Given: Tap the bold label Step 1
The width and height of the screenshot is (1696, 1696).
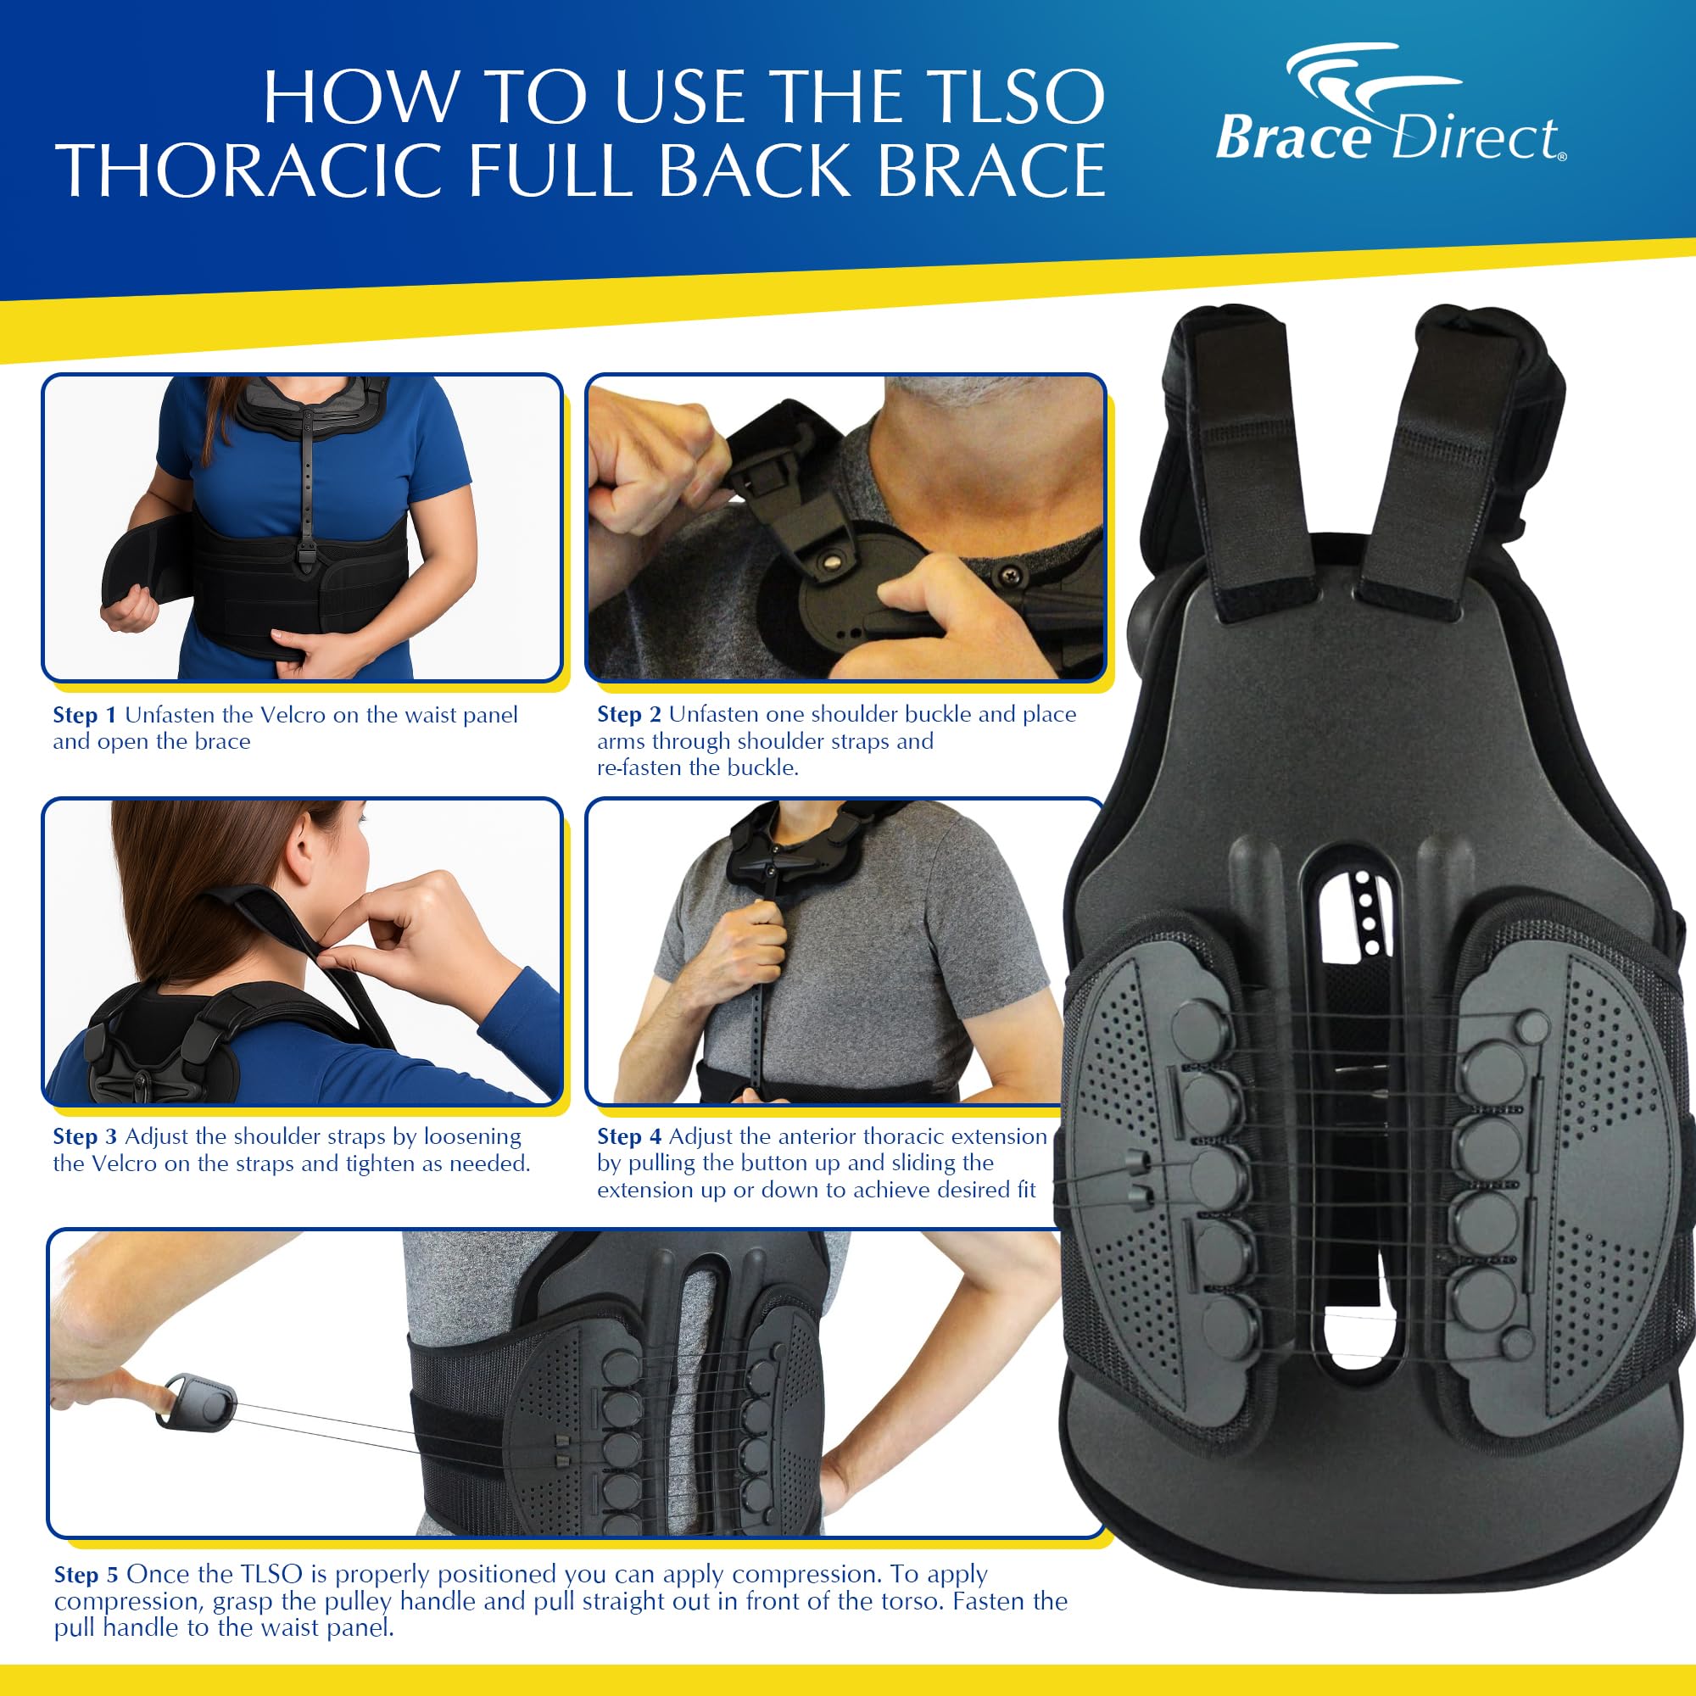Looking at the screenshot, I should click(x=84, y=716).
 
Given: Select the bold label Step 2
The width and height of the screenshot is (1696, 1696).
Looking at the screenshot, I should click(x=628, y=715).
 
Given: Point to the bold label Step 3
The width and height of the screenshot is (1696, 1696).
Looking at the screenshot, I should click(x=84, y=1137).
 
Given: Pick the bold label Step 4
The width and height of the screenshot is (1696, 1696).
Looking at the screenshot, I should click(x=628, y=1137).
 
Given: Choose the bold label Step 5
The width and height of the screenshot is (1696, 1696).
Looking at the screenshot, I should click(x=85, y=1575).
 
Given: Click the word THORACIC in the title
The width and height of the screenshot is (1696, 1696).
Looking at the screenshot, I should click(x=254, y=171).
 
